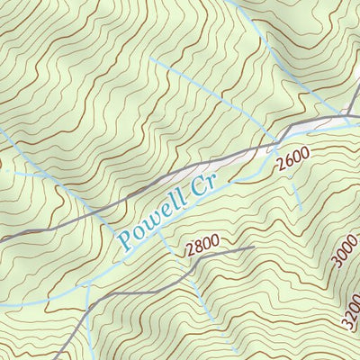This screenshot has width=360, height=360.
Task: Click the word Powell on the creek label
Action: point(152,221)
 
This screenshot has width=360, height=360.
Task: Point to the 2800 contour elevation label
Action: point(202,247)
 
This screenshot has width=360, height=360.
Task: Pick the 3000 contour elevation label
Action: point(344,252)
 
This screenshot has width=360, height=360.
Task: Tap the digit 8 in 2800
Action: point(198,249)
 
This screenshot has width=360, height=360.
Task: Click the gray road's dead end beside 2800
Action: point(254,247)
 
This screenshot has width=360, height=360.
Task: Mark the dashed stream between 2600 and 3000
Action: point(296,193)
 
